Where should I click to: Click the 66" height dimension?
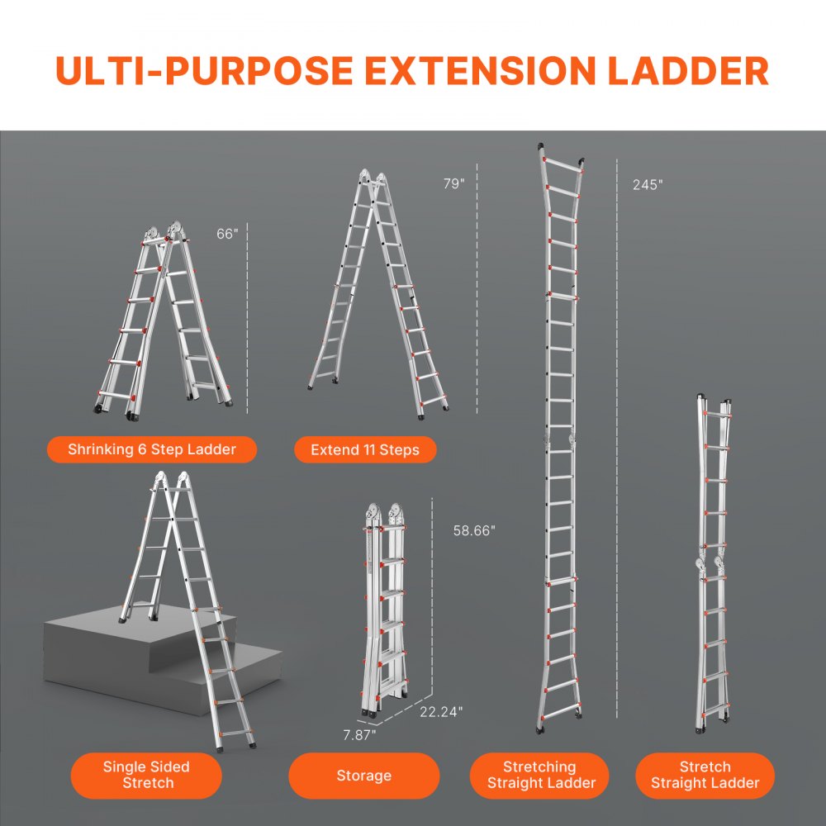coord(227,234)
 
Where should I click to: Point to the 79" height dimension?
coord(454,184)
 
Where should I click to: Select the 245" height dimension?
coord(648,185)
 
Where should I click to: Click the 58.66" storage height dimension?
coord(474,531)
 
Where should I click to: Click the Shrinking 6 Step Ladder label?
coord(152,449)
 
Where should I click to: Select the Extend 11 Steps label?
coord(365,450)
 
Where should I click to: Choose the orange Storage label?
coord(363,775)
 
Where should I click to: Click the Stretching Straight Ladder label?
coord(539,775)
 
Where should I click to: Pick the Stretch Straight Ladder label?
coord(705,775)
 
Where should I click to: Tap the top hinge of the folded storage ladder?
coord(385,514)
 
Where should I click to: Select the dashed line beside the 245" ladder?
coord(617,438)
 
